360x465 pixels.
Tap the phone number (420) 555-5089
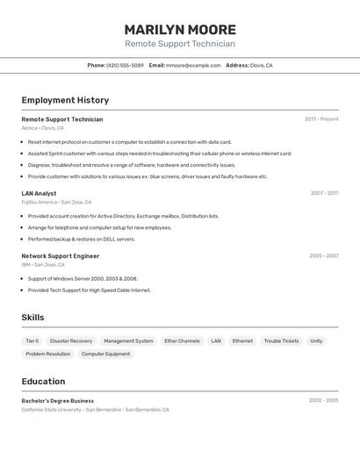coord(125,65)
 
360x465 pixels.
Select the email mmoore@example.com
coord(193,65)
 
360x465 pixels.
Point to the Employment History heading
coord(65,100)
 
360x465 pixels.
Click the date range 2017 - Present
coord(321,119)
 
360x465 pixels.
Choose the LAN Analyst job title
coord(39,193)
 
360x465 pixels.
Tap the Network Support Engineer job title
coord(61,256)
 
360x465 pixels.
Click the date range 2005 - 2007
coord(323,256)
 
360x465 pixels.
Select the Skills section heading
coord(32,318)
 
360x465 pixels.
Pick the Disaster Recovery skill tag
coord(71,341)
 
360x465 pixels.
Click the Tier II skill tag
coord(32,341)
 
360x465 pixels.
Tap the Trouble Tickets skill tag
coord(281,341)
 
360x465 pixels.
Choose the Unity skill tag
coord(316,341)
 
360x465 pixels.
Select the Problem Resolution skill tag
coord(47,354)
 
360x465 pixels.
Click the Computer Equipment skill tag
coord(105,354)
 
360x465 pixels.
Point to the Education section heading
coord(43,382)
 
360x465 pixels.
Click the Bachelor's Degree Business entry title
coord(58,401)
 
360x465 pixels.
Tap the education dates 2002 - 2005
coord(323,401)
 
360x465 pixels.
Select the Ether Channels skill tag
coord(182,341)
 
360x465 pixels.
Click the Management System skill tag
coord(128,341)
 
